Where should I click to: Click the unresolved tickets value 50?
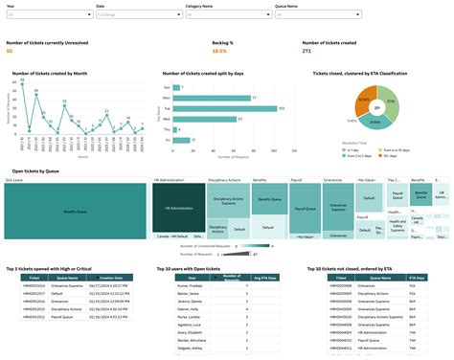coord(10,51)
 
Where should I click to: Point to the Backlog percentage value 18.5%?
coord(219,51)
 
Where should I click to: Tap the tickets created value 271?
coord(306,51)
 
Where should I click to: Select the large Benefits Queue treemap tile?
coord(76,210)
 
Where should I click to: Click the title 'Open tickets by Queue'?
coord(34,170)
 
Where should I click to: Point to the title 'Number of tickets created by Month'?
coord(51,73)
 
